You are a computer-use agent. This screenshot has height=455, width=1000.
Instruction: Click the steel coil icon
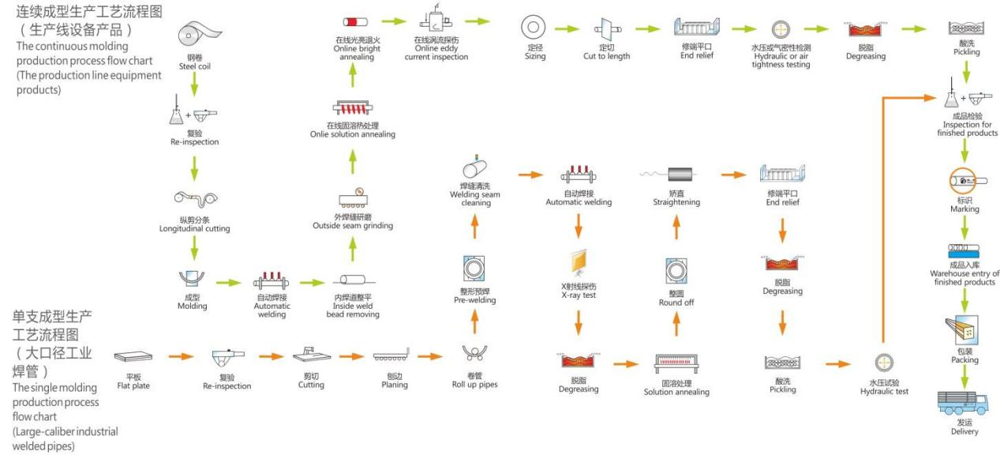click(x=199, y=33)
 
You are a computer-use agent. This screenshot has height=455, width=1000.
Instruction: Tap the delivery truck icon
click(x=962, y=403)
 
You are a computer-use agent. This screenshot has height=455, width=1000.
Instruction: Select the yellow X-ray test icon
click(x=579, y=262)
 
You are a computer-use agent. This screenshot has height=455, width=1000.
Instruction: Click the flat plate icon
click(x=133, y=356)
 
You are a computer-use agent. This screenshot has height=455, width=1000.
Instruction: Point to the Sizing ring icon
click(x=533, y=27)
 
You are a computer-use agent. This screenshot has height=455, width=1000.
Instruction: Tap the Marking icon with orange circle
click(x=963, y=181)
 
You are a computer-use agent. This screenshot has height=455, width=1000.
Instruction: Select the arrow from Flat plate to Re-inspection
click(x=182, y=356)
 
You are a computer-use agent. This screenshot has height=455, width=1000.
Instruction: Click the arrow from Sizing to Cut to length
click(x=567, y=29)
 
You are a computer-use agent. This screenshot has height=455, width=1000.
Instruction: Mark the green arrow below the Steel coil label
click(x=194, y=84)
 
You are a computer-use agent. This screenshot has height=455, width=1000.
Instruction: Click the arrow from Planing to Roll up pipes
click(x=430, y=356)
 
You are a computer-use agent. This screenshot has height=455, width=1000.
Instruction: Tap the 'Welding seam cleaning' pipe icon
click(x=474, y=167)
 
